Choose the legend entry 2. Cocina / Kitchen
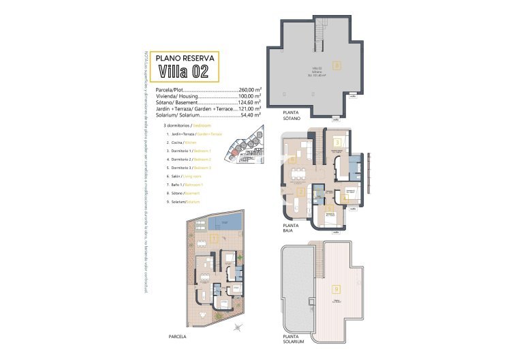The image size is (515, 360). point(183,142)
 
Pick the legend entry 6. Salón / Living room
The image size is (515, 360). point(185,176)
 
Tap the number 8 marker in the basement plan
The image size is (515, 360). point(336,65)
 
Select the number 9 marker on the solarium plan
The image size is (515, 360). point(334,288)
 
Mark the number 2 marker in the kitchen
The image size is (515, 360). point(300,192)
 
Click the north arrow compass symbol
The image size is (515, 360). point(237,329)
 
